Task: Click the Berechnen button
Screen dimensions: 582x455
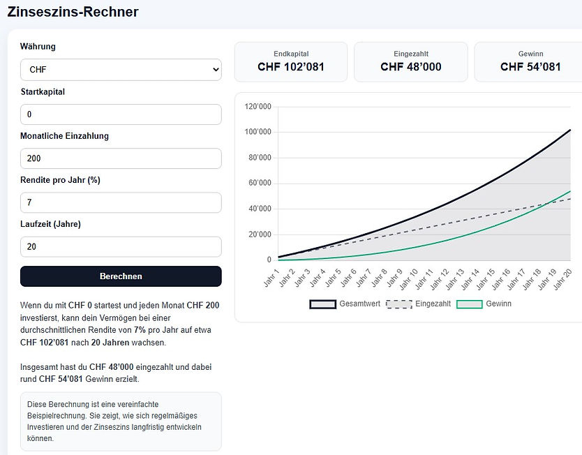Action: [121, 276]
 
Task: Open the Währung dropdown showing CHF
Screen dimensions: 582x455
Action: [121, 70]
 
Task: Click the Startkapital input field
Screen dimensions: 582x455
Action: [121, 114]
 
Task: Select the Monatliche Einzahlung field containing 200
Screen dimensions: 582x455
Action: [121, 158]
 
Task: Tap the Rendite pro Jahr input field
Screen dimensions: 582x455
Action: [121, 202]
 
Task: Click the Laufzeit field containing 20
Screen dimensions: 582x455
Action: [121, 247]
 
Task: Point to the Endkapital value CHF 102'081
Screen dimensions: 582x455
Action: [291, 67]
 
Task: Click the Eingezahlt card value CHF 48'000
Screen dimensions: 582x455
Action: [411, 67]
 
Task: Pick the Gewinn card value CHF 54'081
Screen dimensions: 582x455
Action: [530, 67]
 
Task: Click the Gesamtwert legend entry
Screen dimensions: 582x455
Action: [345, 304]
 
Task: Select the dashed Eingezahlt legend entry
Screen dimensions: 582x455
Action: [418, 304]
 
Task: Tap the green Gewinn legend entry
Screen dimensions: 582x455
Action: [484, 304]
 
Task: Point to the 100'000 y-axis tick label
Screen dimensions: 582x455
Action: [258, 132]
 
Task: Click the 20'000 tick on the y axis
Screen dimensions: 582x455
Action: [260, 234]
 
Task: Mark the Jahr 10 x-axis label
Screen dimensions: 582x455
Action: [409, 279]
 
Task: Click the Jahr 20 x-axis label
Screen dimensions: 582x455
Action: [562, 279]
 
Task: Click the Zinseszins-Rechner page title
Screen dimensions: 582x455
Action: [73, 12]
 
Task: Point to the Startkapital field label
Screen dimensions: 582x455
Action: [43, 91]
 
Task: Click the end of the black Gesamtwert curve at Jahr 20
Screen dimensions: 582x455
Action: [570, 130]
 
